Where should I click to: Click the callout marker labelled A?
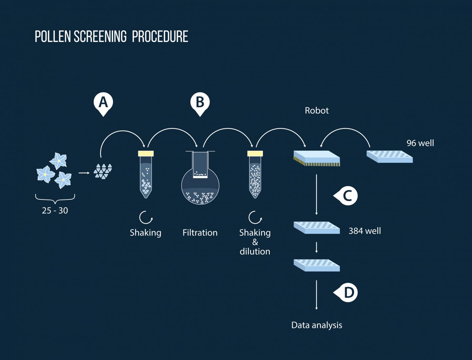[103, 103]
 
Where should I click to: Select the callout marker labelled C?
[347, 196]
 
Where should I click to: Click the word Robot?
[316, 111]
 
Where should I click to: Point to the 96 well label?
[420, 143]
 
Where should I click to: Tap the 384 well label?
[364, 231]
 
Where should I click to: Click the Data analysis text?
[317, 325]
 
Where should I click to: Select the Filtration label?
[200, 233]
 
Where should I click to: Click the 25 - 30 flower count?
[55, 211]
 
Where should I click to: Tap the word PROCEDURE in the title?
[160, 37]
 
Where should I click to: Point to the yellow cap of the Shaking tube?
[146, 153]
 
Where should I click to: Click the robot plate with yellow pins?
[317, 158]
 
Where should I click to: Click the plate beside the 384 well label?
[317, 227]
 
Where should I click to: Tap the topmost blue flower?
[59, 161]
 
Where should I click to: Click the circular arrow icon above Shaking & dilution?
[255, 217]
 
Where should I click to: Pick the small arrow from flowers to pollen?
[84, 173]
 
